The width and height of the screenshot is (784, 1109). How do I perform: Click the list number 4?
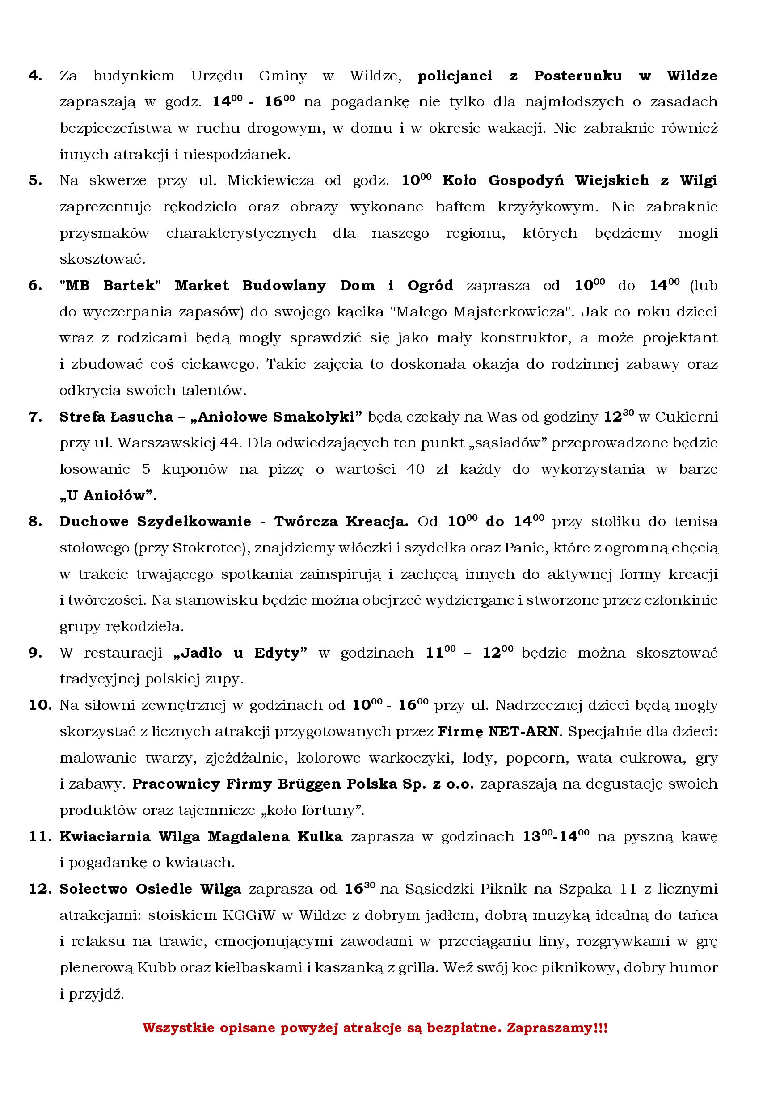[35, 76]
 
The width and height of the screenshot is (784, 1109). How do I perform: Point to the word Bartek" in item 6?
[129, 286]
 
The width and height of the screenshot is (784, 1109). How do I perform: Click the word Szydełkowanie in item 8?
[194, 522]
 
